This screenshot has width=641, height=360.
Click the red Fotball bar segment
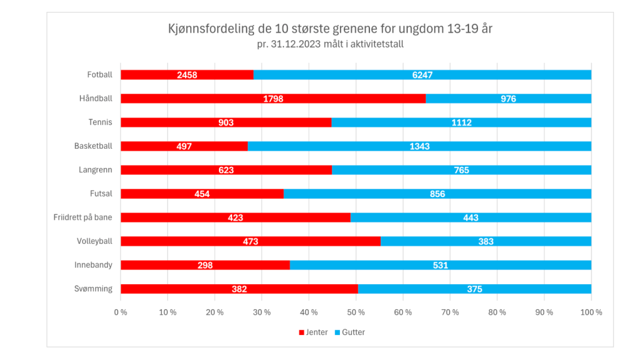tap(187, 75)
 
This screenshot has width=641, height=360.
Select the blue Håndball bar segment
tap(509, 98)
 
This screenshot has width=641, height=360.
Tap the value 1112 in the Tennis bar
tap(462, 122)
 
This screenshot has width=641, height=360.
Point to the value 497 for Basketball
tap(184, 146)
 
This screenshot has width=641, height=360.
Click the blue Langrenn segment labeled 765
tap(462, 170)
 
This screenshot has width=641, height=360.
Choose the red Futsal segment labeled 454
tap(202, 194)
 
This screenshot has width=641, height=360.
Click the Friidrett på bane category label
tap(83, 218)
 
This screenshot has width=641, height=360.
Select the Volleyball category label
tap(95, 241)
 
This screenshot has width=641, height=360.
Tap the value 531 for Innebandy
tap(440, 265)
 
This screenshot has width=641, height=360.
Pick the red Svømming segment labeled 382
tap(239, 289)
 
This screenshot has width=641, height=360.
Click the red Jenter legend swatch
tap(302, 332)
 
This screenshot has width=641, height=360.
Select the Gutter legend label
tap(353, 332)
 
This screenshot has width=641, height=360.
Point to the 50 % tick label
tap(356, 312)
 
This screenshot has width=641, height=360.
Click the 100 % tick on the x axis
tap(591, 312)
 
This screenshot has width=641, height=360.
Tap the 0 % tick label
tap(120, 312)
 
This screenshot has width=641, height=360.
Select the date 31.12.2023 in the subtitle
tap(295, 44)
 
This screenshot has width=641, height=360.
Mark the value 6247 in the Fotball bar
tap(422, 75)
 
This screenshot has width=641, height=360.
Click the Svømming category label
tap(93, 289)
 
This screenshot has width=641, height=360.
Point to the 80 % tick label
tap(497, 312)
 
